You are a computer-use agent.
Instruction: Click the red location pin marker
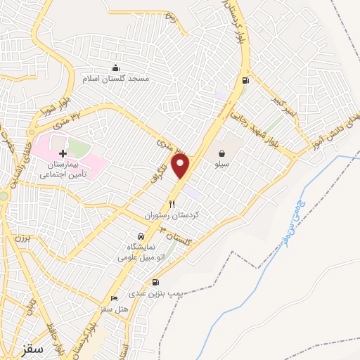coord(181,166)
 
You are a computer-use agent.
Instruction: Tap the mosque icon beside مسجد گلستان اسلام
coord(115,68)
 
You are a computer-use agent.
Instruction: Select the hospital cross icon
coord(63,153)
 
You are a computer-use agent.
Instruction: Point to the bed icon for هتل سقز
coord(115,299)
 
